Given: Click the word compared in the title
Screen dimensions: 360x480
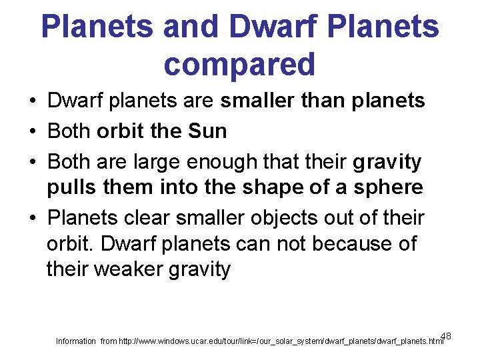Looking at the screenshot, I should tap(239, 64).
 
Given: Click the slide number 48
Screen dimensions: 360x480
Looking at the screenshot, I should tap(446, 335).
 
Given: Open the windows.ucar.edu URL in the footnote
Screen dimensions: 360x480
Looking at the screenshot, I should tap(281, 341).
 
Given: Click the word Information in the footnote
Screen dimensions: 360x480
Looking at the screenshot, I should tap(75, 341).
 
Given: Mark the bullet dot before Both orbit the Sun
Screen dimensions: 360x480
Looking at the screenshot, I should tap(32, 132).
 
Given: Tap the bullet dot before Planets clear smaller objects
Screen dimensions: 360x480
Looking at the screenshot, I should tap(32, 219).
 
